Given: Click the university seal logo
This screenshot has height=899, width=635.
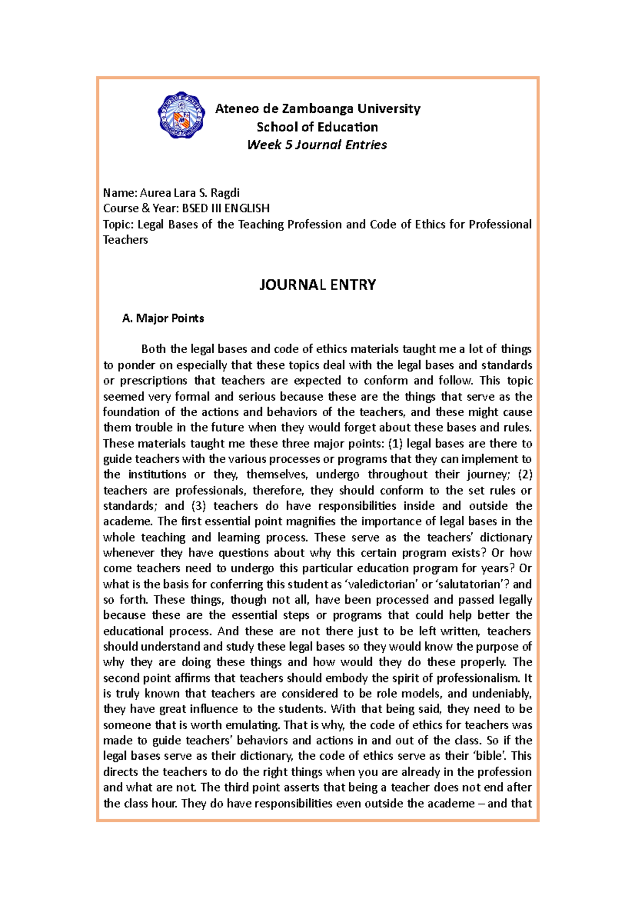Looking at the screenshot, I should coord(182,115).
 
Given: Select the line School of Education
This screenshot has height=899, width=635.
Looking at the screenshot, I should coord(317,127).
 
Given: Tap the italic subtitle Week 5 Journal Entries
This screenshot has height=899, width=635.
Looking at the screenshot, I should coord(317,145).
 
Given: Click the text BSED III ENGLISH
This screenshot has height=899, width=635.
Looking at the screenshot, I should coord(226,208).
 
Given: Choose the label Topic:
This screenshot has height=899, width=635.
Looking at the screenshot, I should coord(119,224).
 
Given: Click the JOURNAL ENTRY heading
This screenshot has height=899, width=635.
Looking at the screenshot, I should coord(317,285).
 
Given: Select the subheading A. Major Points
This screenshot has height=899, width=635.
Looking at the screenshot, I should coord(163,318).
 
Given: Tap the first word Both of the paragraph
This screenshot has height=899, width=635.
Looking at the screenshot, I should coord(153,349).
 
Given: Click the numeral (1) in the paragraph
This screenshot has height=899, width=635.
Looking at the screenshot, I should coord(395,443).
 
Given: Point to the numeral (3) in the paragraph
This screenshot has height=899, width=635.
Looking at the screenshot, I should coord(198,506).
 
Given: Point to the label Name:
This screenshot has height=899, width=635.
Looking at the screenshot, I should coord(120,193).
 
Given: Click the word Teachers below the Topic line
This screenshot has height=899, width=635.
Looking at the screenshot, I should coord(125,240).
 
